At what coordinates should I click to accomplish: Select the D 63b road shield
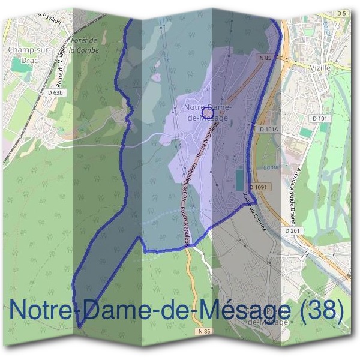53,93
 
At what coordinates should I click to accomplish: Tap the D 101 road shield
322,118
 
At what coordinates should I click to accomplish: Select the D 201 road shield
292,230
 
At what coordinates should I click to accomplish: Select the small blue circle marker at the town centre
208,112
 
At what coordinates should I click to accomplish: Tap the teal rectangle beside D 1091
241,178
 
